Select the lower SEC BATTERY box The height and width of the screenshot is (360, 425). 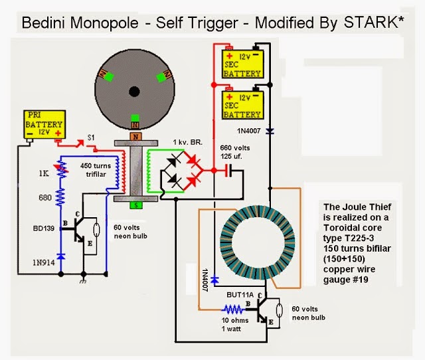point(242,104)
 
